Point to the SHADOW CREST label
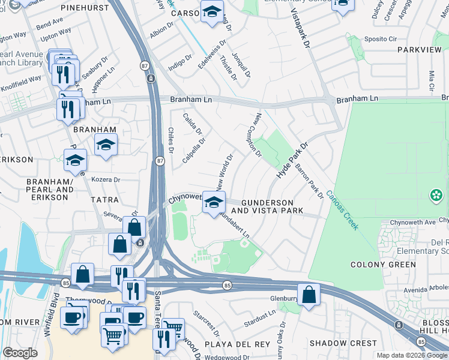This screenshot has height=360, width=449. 334,343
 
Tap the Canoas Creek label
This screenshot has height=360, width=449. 342,211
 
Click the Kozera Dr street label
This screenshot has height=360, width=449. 106,179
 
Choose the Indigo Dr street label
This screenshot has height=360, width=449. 180,63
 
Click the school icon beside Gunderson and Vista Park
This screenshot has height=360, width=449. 213,202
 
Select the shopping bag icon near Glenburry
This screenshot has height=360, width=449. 309,295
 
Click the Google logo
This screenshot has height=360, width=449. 20,353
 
